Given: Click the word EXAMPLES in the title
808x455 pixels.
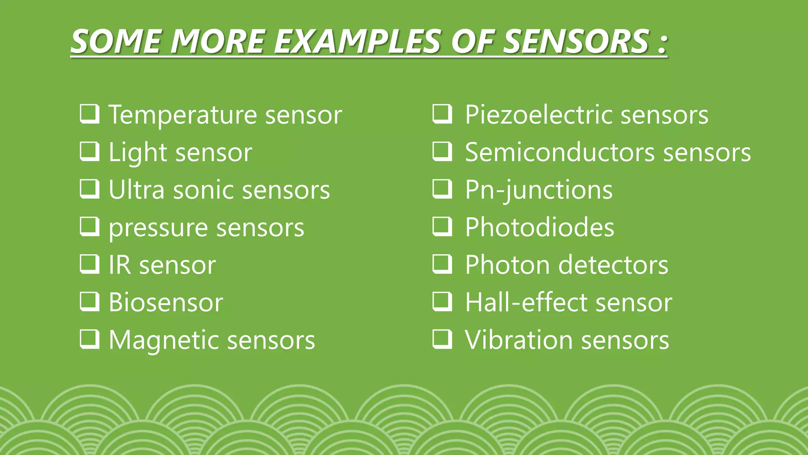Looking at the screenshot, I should (x=357, y=41).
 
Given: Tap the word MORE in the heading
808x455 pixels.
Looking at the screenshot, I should (x=217, y=41).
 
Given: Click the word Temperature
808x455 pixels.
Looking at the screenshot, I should (x=183, y=115).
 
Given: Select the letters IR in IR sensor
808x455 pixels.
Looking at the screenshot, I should (x=120, y=265).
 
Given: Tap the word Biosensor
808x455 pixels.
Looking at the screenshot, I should (x=166, y=303).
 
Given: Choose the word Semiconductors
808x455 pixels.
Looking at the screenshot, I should (x=560, y=152).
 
